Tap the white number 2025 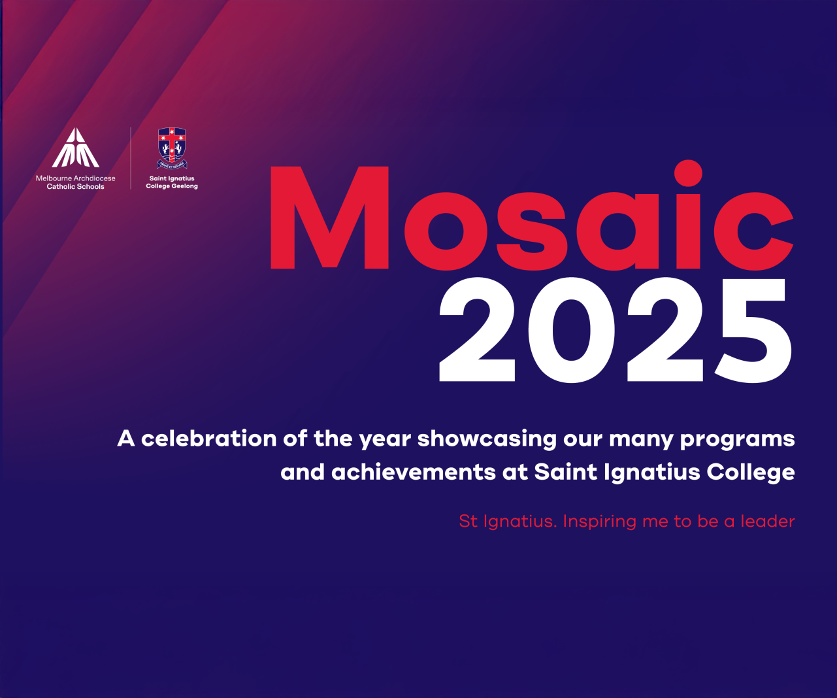(x=615, y=330)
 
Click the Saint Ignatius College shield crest (x=172, y=148)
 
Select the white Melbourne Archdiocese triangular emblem (x=75, y=147)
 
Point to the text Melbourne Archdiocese (x=75, y=178)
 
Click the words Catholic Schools (x=75, y=186)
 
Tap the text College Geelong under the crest (x=172, y=186)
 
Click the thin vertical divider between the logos (x=131, y=158)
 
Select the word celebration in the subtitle (x=209, y=438)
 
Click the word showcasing (x=487, y=439)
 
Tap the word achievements (x=414, y=472)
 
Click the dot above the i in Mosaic (x=688, y=173)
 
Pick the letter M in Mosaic (x=329, y=218)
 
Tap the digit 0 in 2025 (x=571, y=330)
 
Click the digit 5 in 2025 (x=753, y=331)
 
